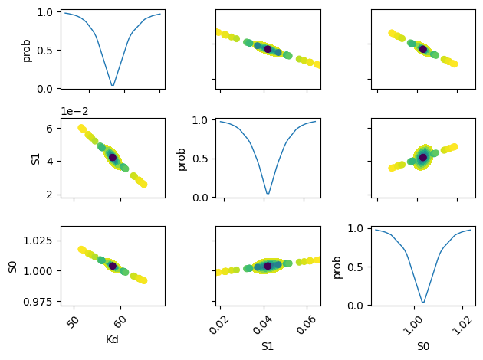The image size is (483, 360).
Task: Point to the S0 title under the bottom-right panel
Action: pos(422,345)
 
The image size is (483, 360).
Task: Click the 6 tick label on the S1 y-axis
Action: pos(48,129)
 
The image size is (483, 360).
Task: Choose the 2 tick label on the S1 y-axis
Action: pos(48,194)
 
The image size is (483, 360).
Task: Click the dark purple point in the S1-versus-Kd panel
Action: pos(113,158)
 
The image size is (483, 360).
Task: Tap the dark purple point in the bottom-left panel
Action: pos(113,266)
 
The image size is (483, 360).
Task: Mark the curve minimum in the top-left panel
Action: pos(113,85)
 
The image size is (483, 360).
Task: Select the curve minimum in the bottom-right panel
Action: pos(422,302)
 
